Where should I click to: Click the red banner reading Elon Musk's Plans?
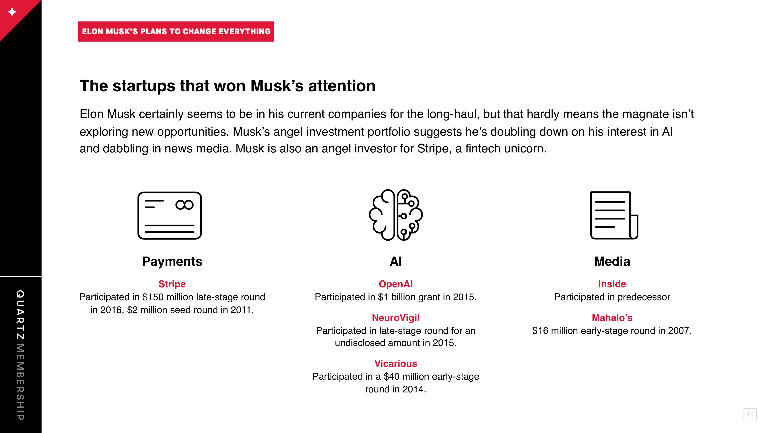pyautogui.click(x=176, y=31)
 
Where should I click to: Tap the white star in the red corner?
pyautogui.click(x=12, y=12)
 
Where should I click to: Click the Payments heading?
pyautogui.click(x=172, y=261)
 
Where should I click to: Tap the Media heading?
pyautogui.click(x=612, y=261)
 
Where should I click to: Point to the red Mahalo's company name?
pyautogui.click(x=612, y=318)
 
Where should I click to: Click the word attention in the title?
pyautogui.click(x=342, y=86)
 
